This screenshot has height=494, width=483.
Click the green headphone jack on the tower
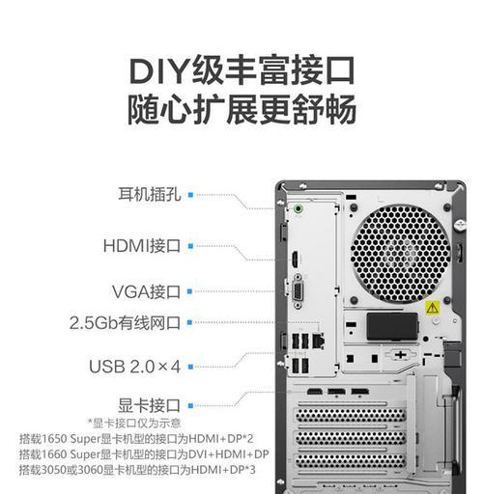coord(298,209)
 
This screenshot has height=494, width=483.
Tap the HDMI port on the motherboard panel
coord(295,260)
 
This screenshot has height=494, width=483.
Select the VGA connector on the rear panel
coord(298,291)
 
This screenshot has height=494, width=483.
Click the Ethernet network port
coord(318,342)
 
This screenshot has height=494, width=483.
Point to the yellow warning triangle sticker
coord(432,308)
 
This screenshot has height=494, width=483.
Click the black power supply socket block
coord(392,326)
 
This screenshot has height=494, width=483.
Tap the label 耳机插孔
coord(150,194)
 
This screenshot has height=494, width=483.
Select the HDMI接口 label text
coord(142,246)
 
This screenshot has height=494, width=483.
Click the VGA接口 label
coord(146,291)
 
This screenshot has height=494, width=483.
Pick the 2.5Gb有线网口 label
coord(125,322)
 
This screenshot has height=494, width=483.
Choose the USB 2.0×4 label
coord(134,367)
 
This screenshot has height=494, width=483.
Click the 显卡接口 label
coord(149,405)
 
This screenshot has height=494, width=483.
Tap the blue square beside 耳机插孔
coord(190,195)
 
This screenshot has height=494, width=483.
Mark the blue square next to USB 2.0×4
coord(190,367)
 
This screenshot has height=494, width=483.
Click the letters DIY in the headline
coord(159,70)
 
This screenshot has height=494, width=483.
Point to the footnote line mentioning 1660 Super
coord(144,454)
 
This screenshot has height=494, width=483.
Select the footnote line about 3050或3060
coord(137,470)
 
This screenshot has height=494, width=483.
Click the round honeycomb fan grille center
coord(400,254)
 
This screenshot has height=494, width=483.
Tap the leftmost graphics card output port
coord(315,392)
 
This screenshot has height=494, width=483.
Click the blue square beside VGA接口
coord(189,291)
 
